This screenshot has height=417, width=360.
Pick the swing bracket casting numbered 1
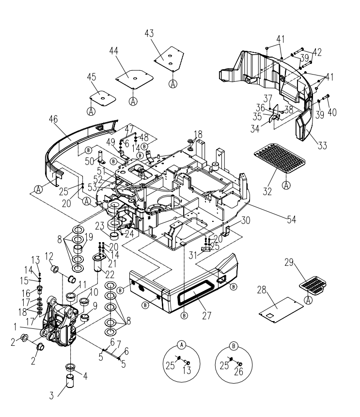[61, 324]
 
